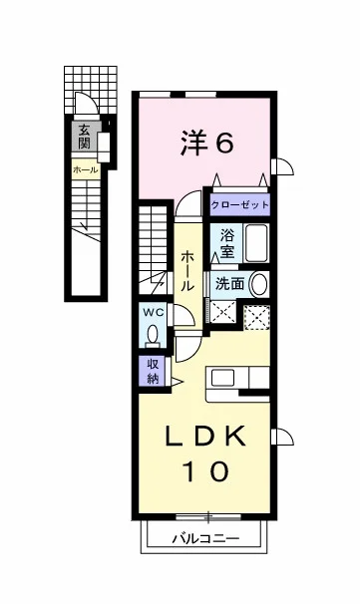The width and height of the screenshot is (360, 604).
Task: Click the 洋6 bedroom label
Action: [x=206, y=143]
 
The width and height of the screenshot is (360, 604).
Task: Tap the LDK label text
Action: [x=205, y=436]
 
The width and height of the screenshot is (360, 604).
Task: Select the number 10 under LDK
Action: [x=205, y=471]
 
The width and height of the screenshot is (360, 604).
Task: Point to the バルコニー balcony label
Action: [x=205, y=538]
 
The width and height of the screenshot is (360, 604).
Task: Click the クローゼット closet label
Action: [x=239, y=204]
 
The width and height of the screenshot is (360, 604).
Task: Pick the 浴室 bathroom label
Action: [x=227, y=243]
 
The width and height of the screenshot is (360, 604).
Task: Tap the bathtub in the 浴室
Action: [x=256, y=243]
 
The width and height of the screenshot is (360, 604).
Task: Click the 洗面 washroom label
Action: [x=229, y=283]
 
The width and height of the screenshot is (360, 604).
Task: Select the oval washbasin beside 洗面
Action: [x=258, y=284]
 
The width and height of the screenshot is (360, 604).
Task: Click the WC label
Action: [x=154, y=312]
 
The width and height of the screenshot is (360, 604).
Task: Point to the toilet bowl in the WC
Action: [x=153, y=334]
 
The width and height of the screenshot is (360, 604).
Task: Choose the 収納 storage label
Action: [x=153, y=371]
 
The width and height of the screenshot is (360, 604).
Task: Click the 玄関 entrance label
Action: [x=84, y=137]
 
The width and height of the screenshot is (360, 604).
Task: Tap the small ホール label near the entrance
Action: [x=85, y=169]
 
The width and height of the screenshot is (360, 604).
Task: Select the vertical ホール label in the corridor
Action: [x=187, y=270]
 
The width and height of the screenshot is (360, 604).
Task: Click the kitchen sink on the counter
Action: [x=222, y=378]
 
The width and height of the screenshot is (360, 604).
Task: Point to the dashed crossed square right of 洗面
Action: [x=256, y=317]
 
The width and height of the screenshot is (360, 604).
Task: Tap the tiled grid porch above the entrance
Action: [x=91, y=90]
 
